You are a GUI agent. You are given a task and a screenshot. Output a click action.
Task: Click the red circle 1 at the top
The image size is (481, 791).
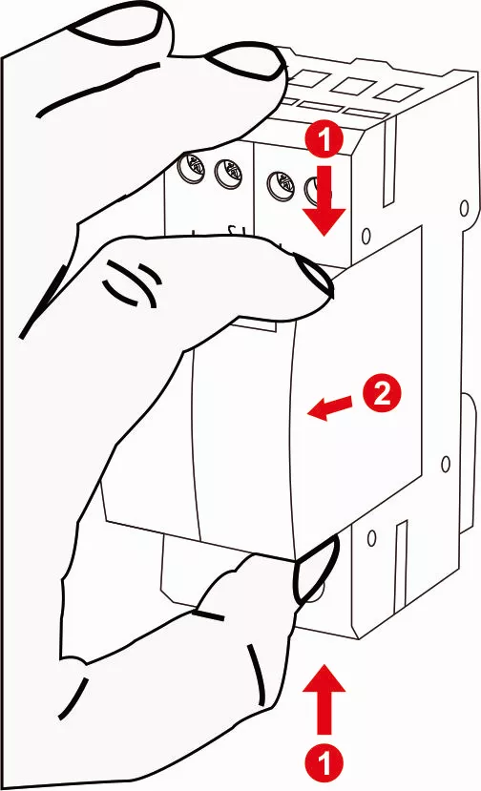[325, 140]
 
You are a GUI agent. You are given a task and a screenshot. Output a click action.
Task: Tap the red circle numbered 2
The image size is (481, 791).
[380, 393]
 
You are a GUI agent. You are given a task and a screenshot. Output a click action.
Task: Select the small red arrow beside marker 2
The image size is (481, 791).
[326, 408]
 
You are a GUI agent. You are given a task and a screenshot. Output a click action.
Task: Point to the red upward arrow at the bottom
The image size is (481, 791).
[325, 701]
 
